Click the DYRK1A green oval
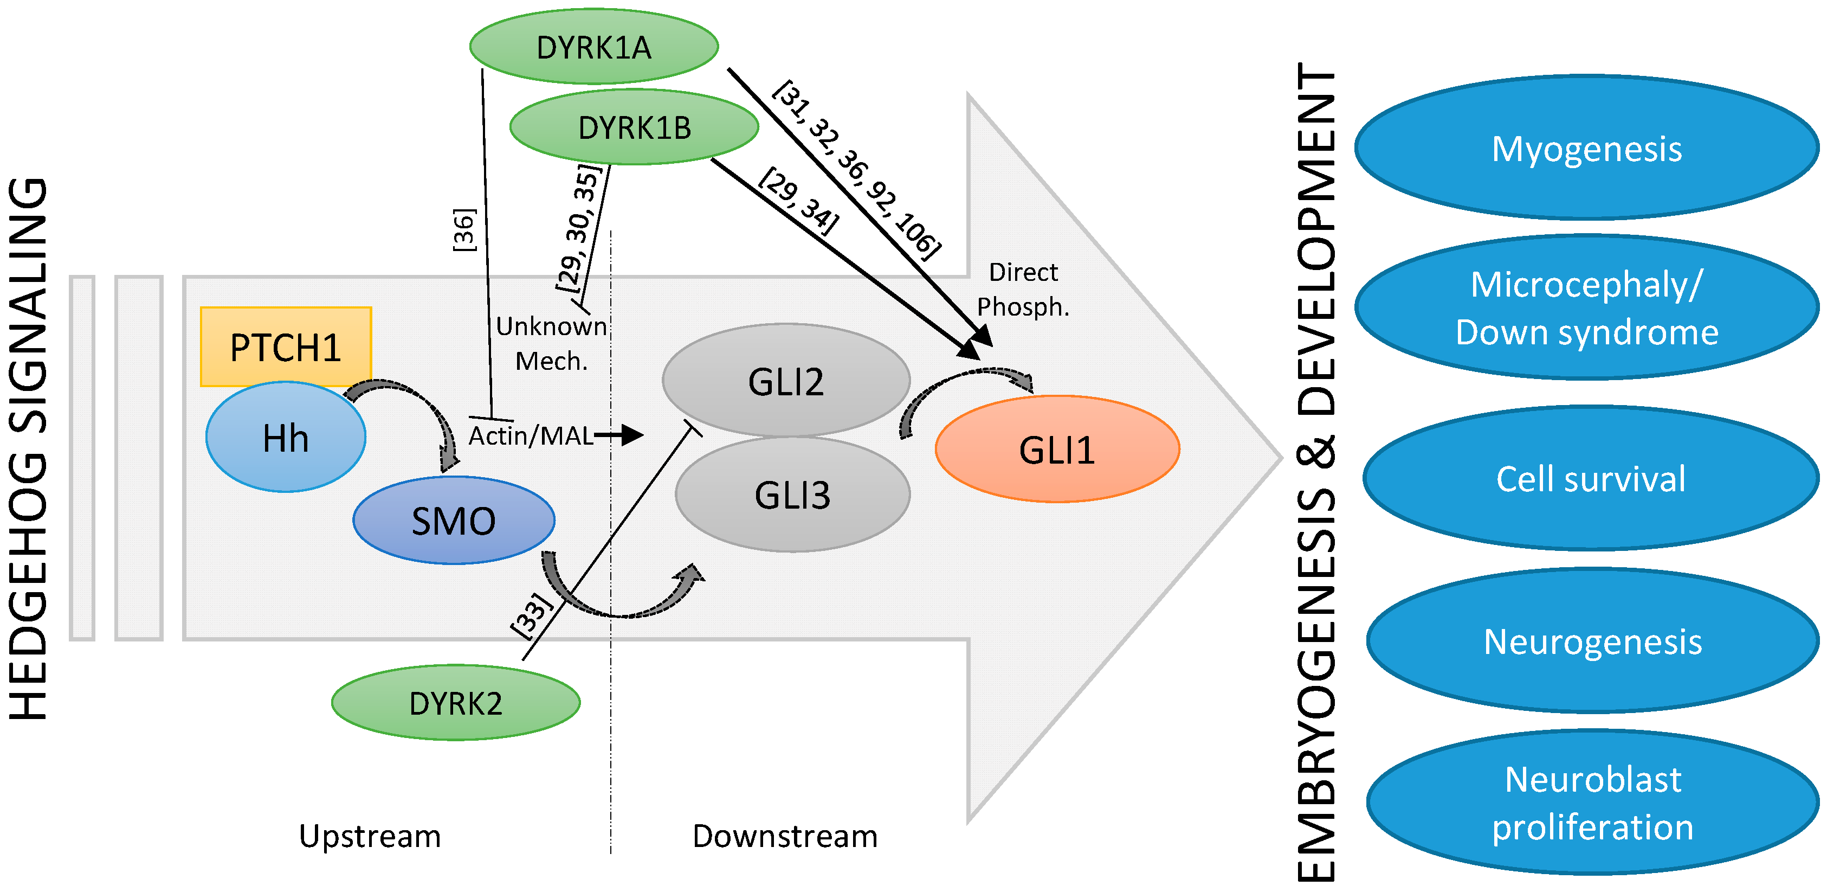(x=593, y=47)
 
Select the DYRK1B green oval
(x=634, y=127)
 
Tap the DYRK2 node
(x=456, y=703)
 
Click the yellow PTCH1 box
(x=286, y=346)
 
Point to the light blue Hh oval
(x=286, y=437)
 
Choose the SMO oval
(x=454, y=520)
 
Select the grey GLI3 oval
(x=792, y=494)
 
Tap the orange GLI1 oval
(x=1057, y=449)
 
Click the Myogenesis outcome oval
(x=1586, y=147)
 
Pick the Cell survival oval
(x=1591, y=478)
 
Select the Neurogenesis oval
(x=1593, y=641)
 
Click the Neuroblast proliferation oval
(x=1593, y=803)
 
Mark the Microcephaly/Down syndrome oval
(x=1586, y=307)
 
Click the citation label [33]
(x=531, y=614)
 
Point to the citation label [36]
(x=464, y=229)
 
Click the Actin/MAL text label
(x=531, y=435)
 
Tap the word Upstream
(x=370, y=835)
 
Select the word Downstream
(x=785, y=835)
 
